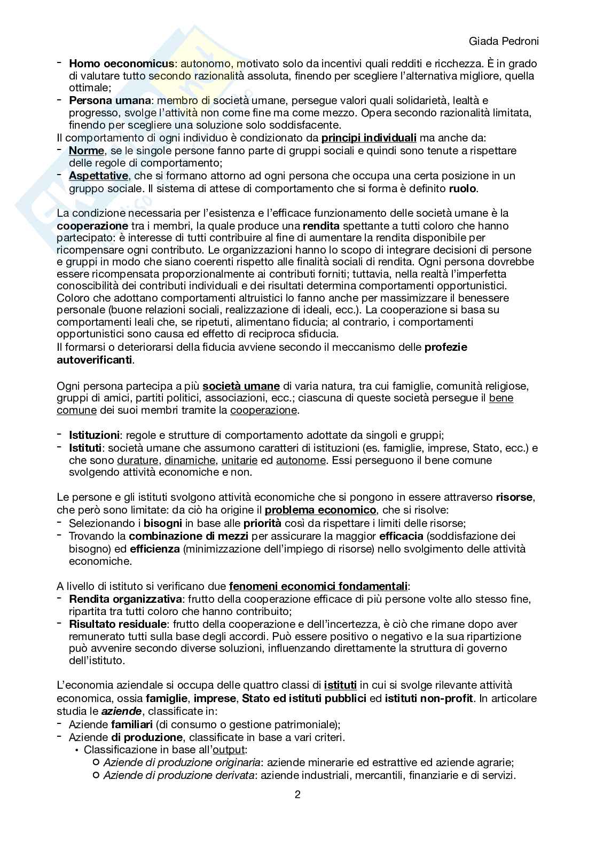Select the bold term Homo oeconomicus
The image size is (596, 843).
point(121,64)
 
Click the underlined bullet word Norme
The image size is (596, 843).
point(87,151)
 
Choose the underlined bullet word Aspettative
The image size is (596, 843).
point(98,176)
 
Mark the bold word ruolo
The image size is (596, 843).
point(463,188)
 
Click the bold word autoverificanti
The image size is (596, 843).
point(95,360)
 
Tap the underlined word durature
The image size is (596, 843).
point(138,460)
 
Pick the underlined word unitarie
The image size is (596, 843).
point(239,460)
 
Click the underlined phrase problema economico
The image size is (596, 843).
point(320,510)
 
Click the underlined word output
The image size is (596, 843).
point(228,750)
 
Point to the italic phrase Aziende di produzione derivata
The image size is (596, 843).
point(178,775)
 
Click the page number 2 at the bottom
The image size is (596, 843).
point(297,794)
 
